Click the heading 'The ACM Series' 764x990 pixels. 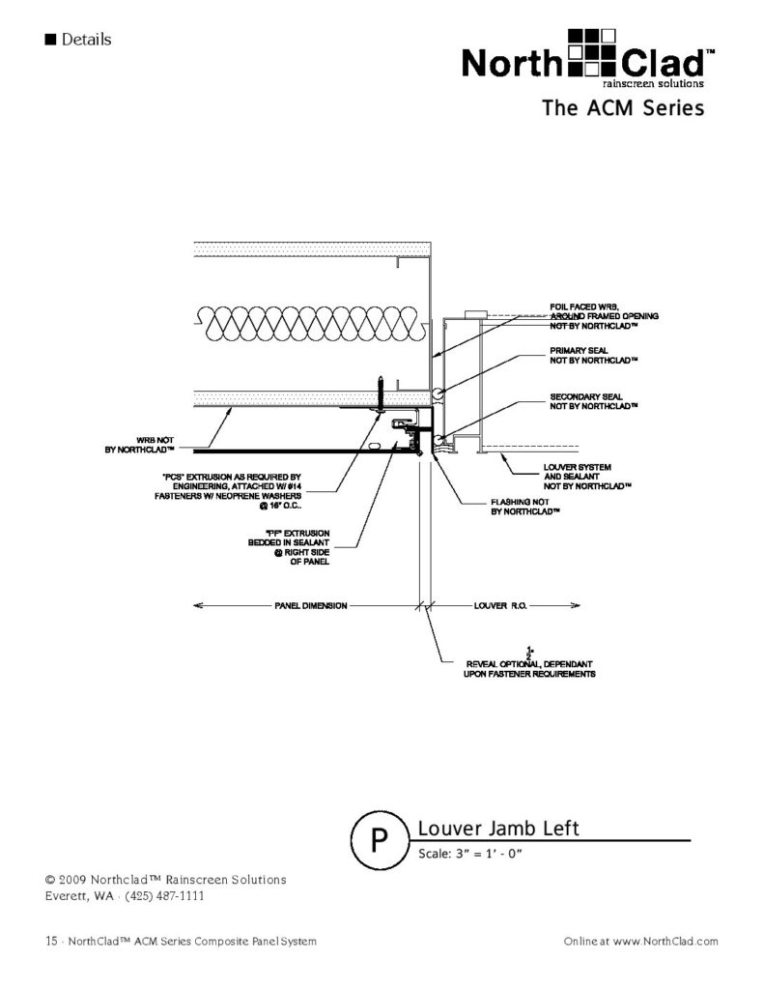[623, 108]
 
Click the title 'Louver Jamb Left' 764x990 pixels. [497, 829]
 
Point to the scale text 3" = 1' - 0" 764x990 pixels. [470, 854]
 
